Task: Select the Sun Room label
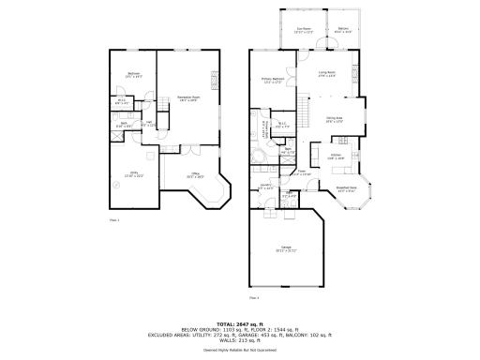(302, 29)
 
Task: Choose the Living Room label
(327, 72)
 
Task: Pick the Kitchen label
(336, 156)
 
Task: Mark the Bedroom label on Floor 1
(133, 75)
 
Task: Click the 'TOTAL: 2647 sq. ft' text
(240, 322)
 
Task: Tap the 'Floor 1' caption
(114, 219)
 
